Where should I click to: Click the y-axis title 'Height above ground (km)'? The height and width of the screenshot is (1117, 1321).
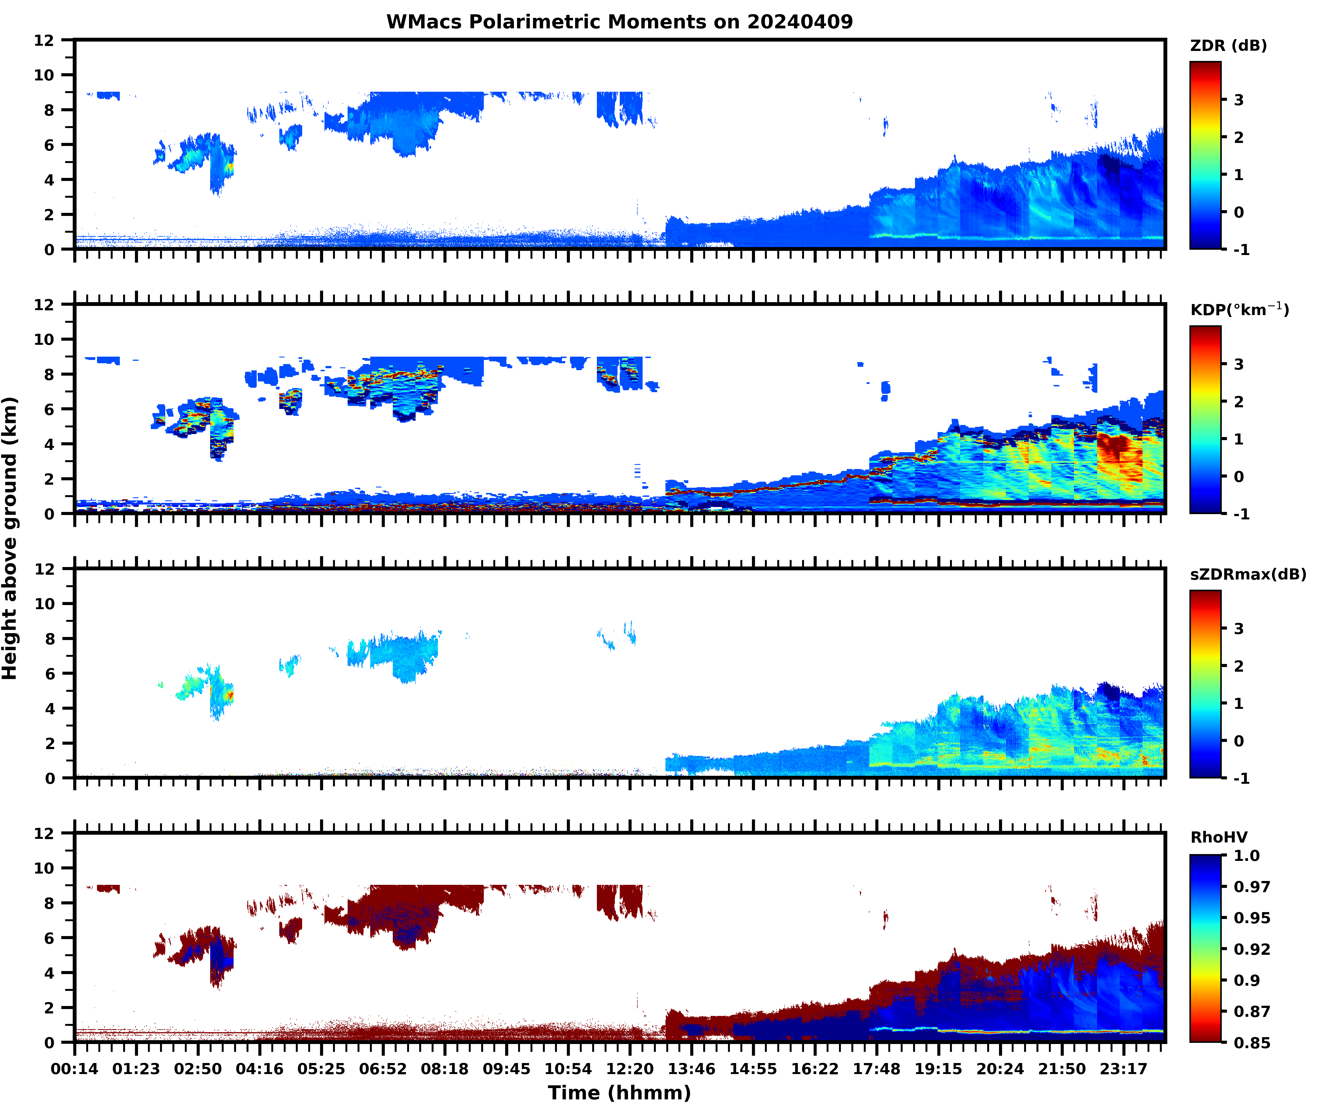click(10, 538)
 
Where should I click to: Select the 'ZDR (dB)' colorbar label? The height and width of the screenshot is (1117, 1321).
click(1228, 46)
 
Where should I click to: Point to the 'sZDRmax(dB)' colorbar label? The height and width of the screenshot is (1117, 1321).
click(1247, 574)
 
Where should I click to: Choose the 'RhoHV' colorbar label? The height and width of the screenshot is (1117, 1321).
click(1219, 837)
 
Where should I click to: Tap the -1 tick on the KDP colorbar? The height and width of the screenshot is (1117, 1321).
click(1241, 514)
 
